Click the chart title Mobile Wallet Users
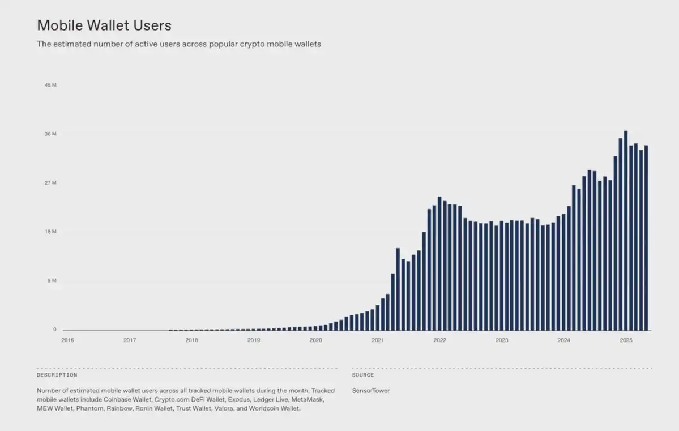point(104,25)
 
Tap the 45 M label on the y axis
point(50,85)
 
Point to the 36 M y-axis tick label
point(50,134)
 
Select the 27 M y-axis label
point(50,183)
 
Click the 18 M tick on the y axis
point(50,232)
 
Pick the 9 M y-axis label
point(52,280)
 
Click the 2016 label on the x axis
point(67,340)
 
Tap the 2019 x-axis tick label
point(254,340)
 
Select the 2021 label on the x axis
point(378,340)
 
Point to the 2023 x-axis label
point(502,340)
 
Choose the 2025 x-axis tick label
point(626,340)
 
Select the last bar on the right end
point(646,238)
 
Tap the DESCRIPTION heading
point(57,375)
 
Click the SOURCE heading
point(363,375)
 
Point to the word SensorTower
point(370,391)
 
